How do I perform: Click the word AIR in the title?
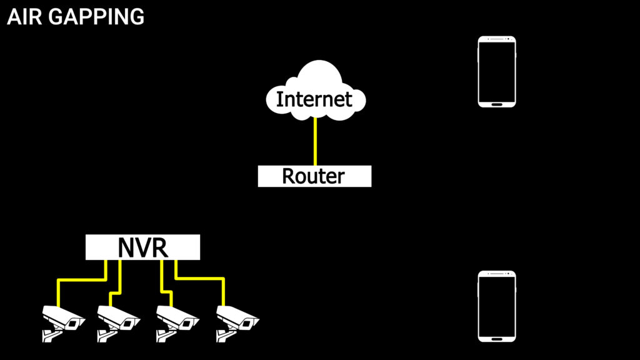(24, 17)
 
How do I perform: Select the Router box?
(314, 176)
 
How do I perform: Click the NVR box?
(142, 247)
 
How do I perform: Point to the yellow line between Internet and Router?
(315, 141)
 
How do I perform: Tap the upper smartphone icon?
(497, 71)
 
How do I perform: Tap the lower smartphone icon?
(497, 306)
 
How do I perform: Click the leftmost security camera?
(62, 320)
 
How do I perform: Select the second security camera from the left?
(119, 320)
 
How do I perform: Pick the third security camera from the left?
(177, 320)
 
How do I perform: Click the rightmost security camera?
(237, 320)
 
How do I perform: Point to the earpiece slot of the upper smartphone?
(497, 39)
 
